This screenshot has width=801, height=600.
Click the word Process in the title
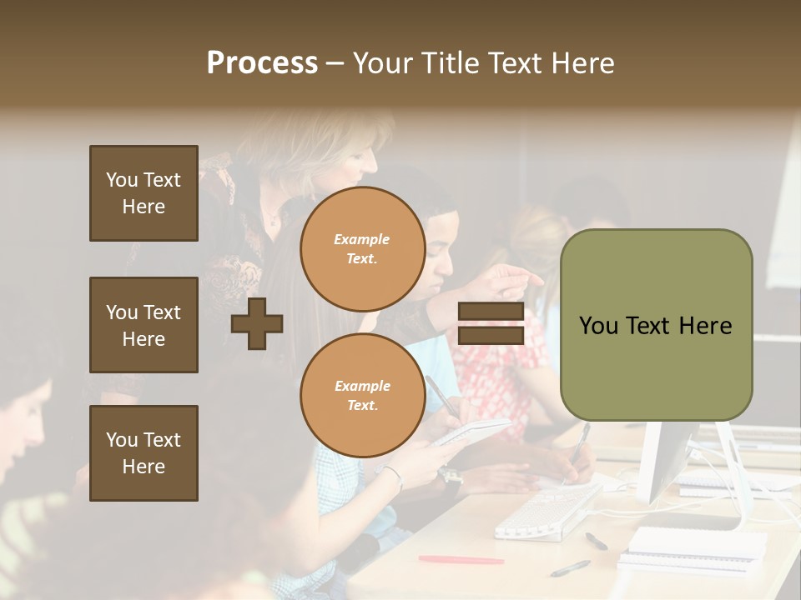[262, 63]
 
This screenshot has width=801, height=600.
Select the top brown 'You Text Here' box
[144, 193]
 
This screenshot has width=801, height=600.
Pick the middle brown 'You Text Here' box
[144, 325]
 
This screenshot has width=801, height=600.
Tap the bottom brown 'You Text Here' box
[144, 453]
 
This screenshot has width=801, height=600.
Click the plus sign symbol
[257, 324]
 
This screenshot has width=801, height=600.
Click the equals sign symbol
[491, 324]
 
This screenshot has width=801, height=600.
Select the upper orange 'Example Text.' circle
[362, 249]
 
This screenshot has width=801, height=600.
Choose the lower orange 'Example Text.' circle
[362, 396]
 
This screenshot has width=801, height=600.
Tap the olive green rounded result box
[656, 325]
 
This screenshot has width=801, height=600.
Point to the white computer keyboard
[547, 510]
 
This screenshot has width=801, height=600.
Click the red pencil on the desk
[461, 559]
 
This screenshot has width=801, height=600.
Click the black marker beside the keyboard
[596, 541]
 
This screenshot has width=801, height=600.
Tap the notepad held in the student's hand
[471, 432]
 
